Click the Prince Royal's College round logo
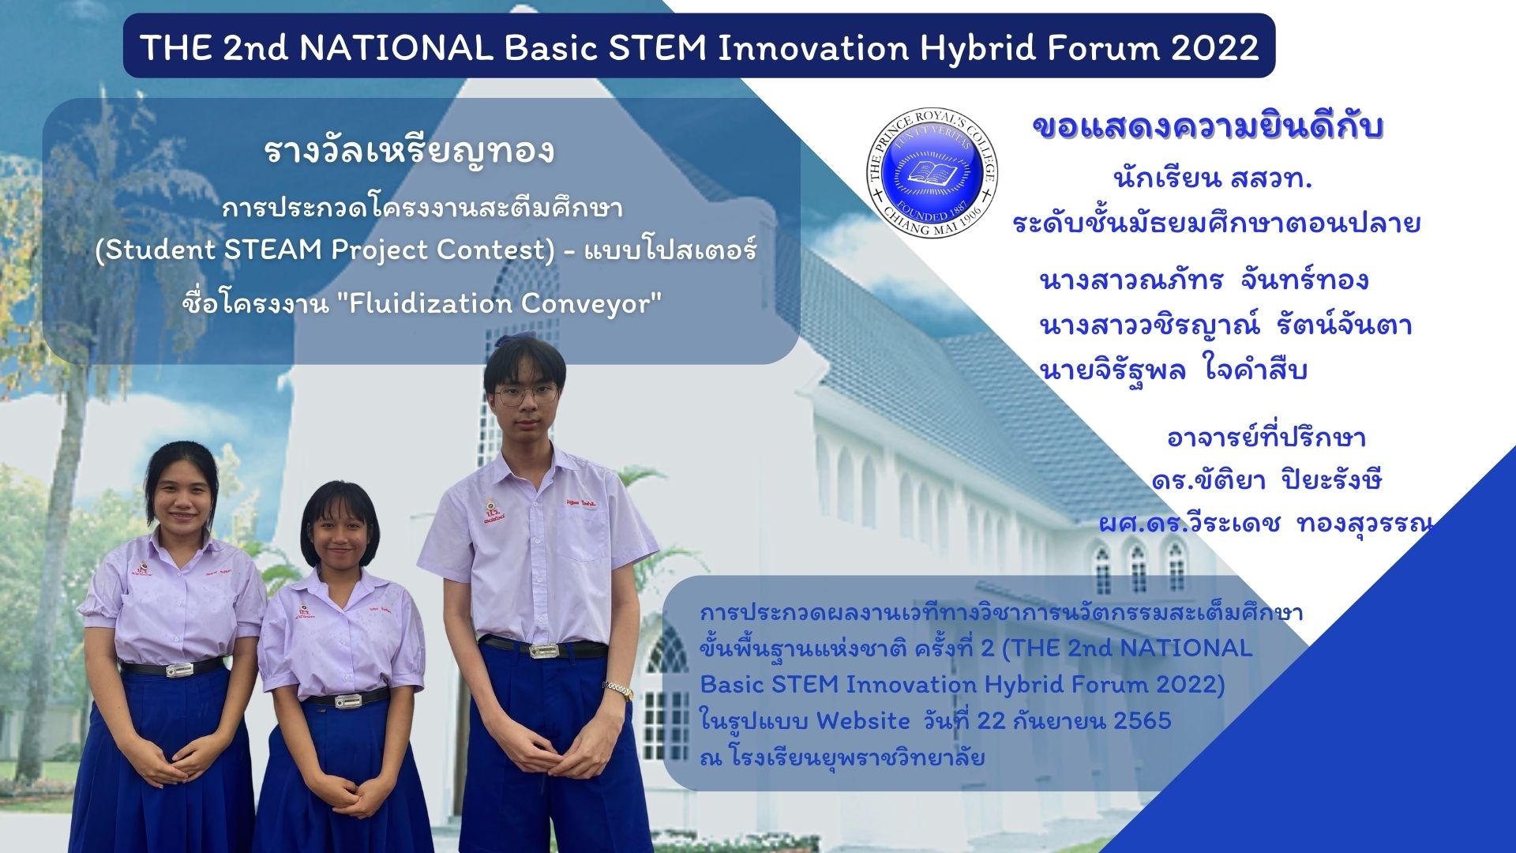932,173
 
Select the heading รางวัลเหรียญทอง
410,151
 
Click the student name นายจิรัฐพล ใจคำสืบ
1174,370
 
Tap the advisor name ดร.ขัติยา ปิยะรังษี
1266,479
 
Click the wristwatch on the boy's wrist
618,690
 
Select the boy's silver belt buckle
544,651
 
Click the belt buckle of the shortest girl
348,701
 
